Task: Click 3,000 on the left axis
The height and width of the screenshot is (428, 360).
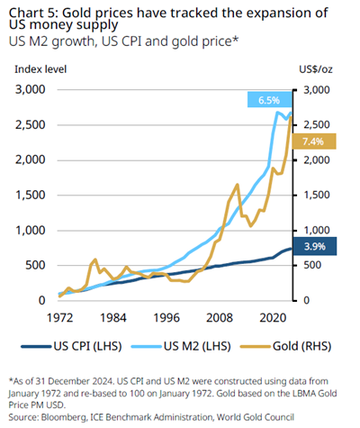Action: coord(33,89)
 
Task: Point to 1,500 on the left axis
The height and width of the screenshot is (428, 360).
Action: coord(33,195)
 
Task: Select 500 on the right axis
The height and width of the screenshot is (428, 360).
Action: coord(313,265)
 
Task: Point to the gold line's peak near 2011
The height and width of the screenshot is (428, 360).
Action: coord(236,184)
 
